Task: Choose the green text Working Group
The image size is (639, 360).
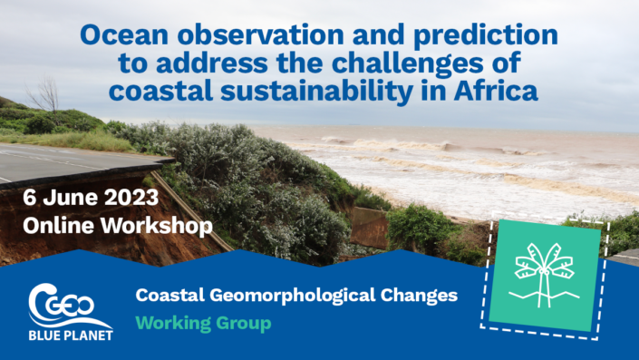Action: coord(203,322)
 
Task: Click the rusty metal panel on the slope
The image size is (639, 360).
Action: coord(369,228)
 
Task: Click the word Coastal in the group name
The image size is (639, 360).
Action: coord(165,296)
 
